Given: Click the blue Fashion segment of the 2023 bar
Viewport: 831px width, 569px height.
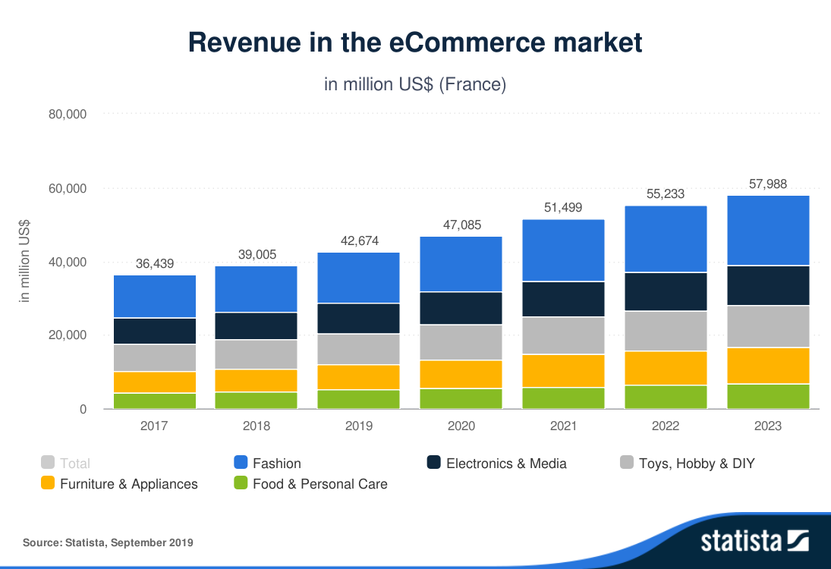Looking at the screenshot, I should click(x=768, y=231).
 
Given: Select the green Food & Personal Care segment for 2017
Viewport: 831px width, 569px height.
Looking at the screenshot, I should click(x=155, y=401).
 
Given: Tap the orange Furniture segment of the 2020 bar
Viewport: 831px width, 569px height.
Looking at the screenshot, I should click(x=461, y=374).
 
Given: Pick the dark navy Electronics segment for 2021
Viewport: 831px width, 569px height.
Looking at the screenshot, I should click(x=564, y=299).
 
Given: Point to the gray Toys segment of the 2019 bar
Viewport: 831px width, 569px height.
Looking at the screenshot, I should click(x=359, y=349).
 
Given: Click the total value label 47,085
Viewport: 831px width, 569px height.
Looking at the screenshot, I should click(x=461, y=225).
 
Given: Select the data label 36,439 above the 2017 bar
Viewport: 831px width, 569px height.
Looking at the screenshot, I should click(x=155, y=264).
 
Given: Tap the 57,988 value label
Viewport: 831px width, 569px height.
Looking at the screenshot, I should click(x=768, y=184).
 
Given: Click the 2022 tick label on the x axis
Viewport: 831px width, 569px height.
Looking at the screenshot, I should click(x=666, y=426).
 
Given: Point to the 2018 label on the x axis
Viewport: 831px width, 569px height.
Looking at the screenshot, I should click(x=257, y=426).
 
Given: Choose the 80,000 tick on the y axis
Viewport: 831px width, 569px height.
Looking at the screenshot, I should click(x=68, y=115).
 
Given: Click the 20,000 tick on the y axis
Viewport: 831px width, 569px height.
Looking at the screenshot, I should click(x=68, y=335).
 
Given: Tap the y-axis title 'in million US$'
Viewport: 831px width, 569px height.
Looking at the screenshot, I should click(x=25, y=262).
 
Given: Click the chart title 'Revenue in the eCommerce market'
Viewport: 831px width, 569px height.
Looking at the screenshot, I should click(x=415, y=42).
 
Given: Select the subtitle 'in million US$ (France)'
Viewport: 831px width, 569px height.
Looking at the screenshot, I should click(x=415, y=84).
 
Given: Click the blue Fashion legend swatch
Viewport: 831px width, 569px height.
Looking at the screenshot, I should click(x=241, y=463).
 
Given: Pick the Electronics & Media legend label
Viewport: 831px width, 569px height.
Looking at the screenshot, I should click(x=506, y=463).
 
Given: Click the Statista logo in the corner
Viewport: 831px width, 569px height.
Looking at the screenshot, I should click(x=754, y=541).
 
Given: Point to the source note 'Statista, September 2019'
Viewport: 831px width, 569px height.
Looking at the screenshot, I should click(x=108, y=542).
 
